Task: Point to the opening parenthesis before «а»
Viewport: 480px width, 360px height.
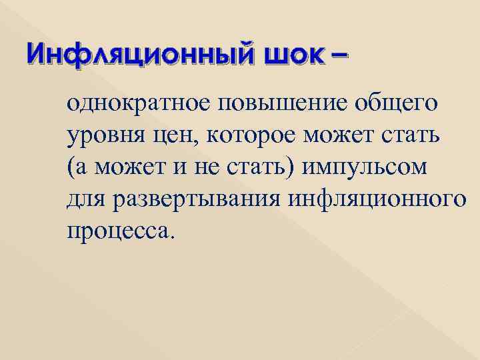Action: pyautogui.click(x=70, y=168)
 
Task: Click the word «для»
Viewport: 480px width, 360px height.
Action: pyautogui.click(x=85, y=200)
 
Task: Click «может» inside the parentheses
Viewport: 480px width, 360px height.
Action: pyautogui.click(x=124, y=168)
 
